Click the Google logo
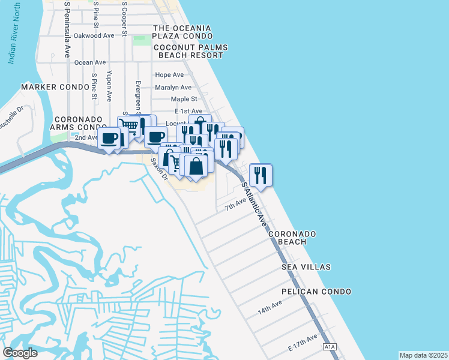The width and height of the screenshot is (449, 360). point(20,353)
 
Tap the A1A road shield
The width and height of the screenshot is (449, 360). point(330,347)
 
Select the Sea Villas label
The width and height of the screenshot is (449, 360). point(309,266)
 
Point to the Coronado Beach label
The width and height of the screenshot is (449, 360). point(292,238)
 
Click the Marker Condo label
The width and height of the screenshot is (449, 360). point(47,87)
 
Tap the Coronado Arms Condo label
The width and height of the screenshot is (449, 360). point(80,123)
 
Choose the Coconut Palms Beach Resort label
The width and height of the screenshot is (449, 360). point(188,51)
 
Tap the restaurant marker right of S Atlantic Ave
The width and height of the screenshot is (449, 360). point(261,174)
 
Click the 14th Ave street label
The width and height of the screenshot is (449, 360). point(270,310)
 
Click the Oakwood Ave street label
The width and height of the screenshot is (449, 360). point(94,36)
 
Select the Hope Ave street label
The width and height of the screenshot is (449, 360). point(169,75)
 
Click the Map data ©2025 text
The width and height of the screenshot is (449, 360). point(423,355)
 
